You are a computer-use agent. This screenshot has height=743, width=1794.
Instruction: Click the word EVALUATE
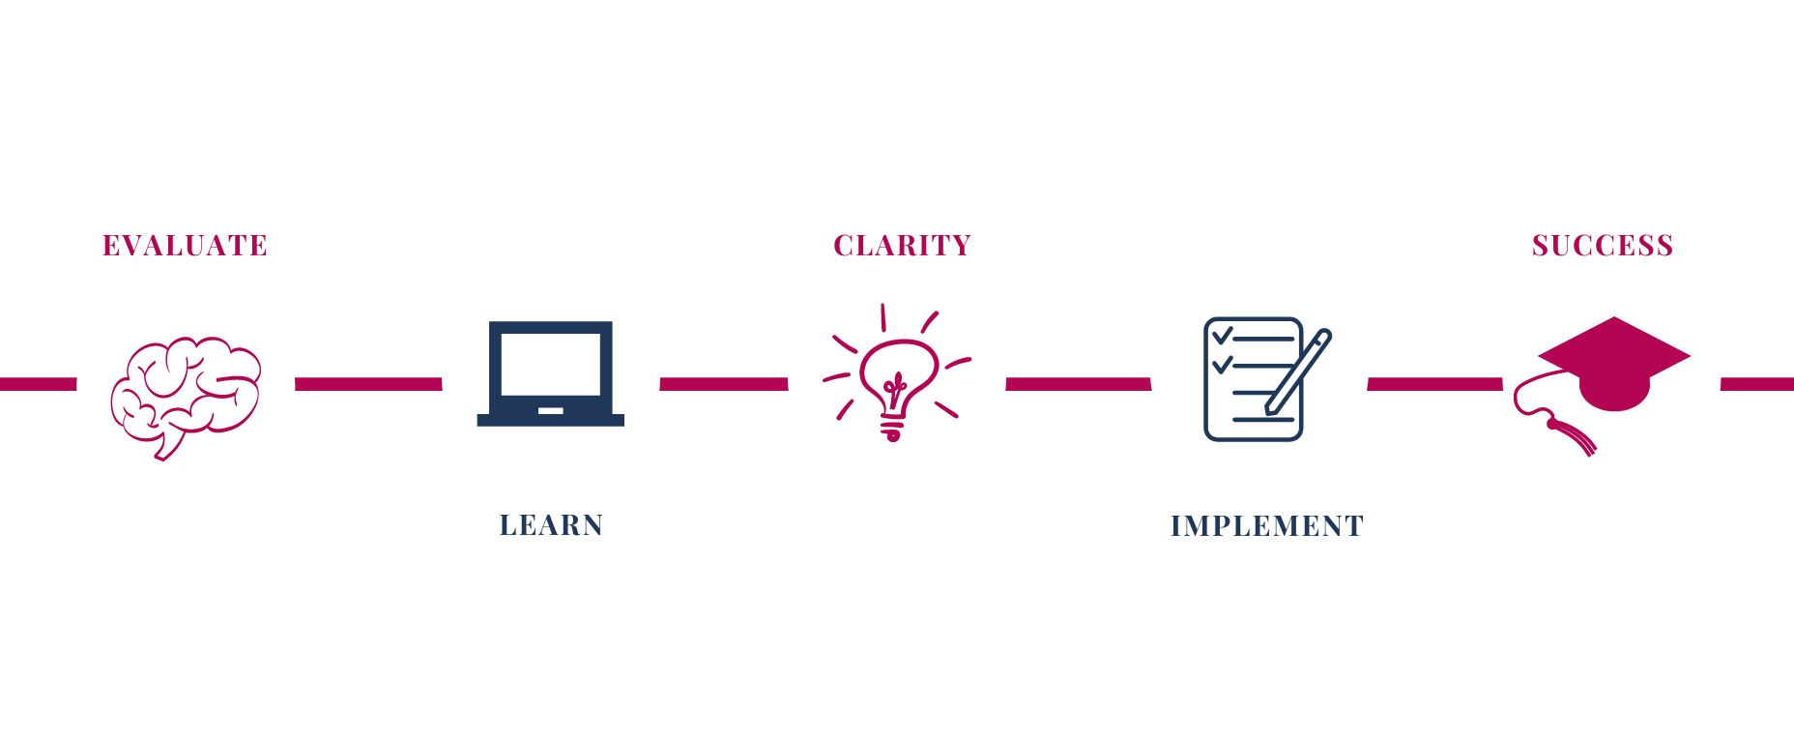[x=185, y=246]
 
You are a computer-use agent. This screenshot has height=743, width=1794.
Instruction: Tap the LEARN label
[x=551, y=525]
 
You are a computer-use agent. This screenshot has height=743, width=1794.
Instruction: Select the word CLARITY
[x=902, y=246]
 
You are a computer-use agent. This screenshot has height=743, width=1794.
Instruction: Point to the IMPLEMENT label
[x=1266, y=526]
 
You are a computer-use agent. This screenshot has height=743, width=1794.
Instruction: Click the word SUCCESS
[x=1602, y=246]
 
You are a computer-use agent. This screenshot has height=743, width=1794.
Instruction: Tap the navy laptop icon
[x=550, y=373]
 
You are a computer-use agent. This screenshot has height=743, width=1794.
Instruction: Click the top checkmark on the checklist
[x=1223, y=336]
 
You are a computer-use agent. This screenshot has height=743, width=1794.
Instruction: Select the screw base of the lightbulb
[x=892, y=427]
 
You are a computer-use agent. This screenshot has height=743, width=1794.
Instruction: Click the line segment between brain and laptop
[x=368, y=384]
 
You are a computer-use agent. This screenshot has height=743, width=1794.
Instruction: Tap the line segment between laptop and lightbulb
[x=724, y=384]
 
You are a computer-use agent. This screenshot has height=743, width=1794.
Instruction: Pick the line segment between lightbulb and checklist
[x=1078, y=384]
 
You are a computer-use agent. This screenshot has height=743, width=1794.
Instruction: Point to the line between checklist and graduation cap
[x=1435, y=384]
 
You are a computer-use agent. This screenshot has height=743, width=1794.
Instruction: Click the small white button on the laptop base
[x=550, y=411]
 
